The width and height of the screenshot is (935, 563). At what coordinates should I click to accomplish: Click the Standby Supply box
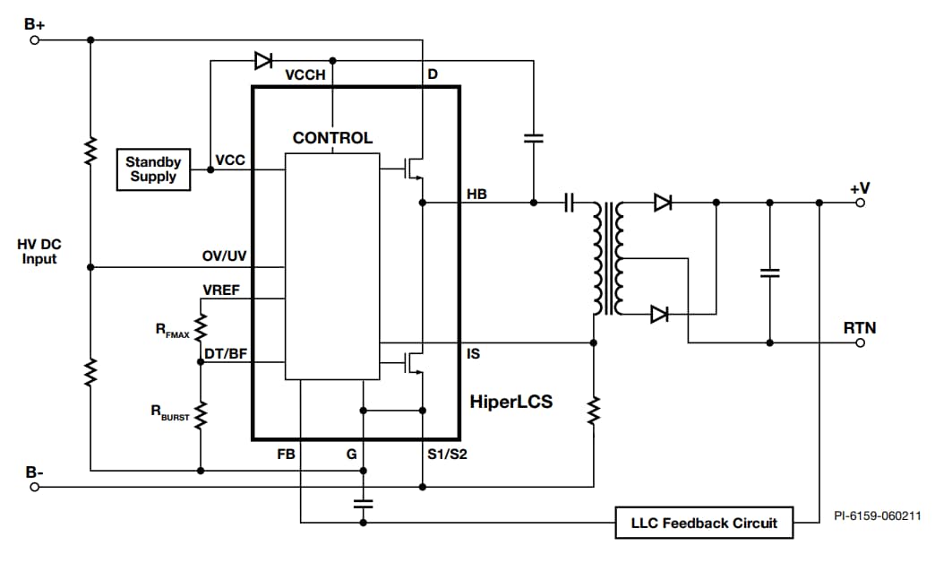153,169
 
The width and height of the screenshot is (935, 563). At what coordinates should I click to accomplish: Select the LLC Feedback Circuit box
704,523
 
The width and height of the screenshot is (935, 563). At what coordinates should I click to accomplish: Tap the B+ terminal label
34,23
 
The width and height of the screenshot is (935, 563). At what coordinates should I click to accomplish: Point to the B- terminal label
34,472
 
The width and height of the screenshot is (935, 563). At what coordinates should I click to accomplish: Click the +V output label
860,188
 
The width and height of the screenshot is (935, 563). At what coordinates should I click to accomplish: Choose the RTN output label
860,328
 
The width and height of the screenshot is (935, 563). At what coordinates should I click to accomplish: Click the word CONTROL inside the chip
332,138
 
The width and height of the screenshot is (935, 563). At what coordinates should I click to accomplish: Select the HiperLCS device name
510,403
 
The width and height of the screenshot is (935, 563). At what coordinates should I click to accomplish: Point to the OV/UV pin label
224,256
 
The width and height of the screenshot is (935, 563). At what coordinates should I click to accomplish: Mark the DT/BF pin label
226,354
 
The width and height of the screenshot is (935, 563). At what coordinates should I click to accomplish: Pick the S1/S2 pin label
447,454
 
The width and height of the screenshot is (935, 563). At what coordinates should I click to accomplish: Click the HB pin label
476,193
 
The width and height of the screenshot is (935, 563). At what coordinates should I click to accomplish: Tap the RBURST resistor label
169,414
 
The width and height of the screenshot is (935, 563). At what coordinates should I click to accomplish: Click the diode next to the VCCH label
263,61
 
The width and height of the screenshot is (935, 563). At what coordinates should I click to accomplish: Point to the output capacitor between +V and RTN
769,273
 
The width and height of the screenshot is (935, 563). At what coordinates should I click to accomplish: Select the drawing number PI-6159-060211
878,515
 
